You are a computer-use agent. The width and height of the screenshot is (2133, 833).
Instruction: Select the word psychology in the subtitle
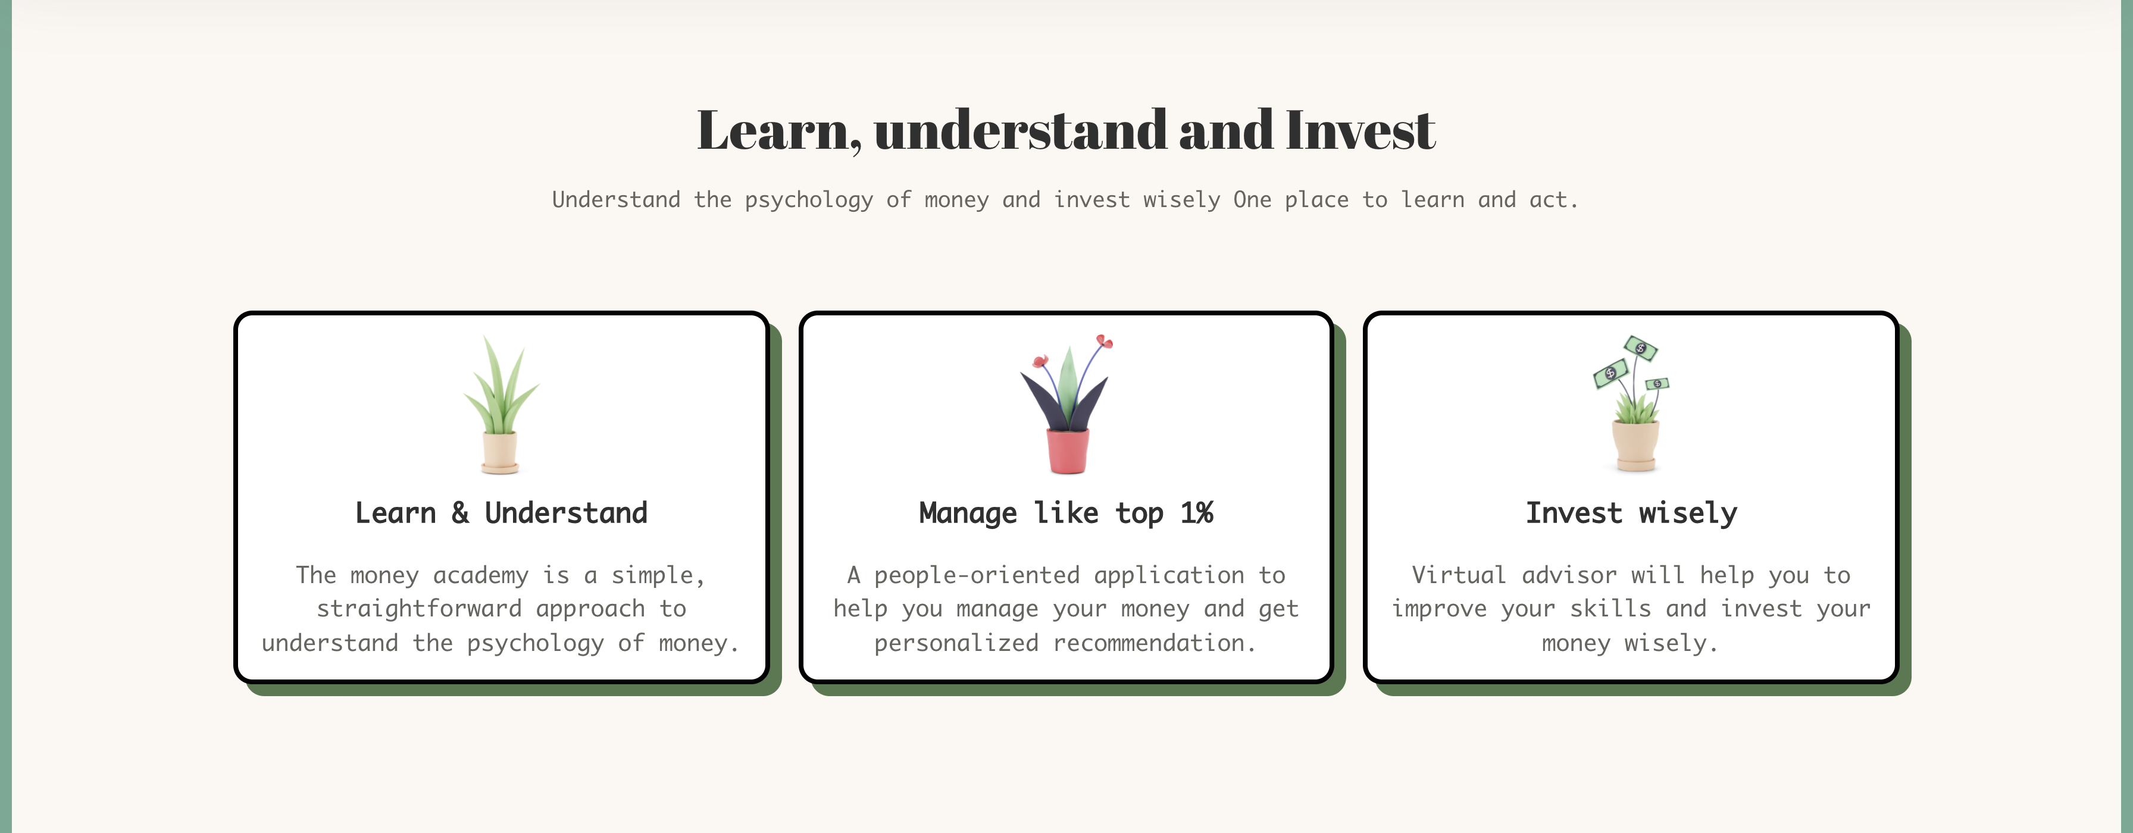pos(809,201)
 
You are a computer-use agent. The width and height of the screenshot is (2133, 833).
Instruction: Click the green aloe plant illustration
pos(501,404)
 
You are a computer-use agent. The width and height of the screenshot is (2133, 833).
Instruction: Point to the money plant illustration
pos(1632,403)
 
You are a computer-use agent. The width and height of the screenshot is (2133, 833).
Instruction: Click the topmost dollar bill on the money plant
pos(1640,347)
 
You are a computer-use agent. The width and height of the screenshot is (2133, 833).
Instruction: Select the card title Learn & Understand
pos(501,513)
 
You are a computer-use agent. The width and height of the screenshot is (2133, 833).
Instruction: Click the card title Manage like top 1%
pos(1066,514)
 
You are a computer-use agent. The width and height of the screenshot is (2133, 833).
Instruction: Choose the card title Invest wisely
pos(1631,514)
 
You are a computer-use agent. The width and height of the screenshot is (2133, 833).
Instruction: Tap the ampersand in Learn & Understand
pos(461,513)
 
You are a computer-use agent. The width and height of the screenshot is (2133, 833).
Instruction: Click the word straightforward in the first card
pos(419,609)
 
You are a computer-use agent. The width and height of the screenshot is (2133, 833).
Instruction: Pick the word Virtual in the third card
pos(1459,575)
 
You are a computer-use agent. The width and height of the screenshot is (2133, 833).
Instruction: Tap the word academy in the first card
pos(480,575)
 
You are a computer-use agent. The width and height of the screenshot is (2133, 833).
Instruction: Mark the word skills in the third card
pos(1610,609)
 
